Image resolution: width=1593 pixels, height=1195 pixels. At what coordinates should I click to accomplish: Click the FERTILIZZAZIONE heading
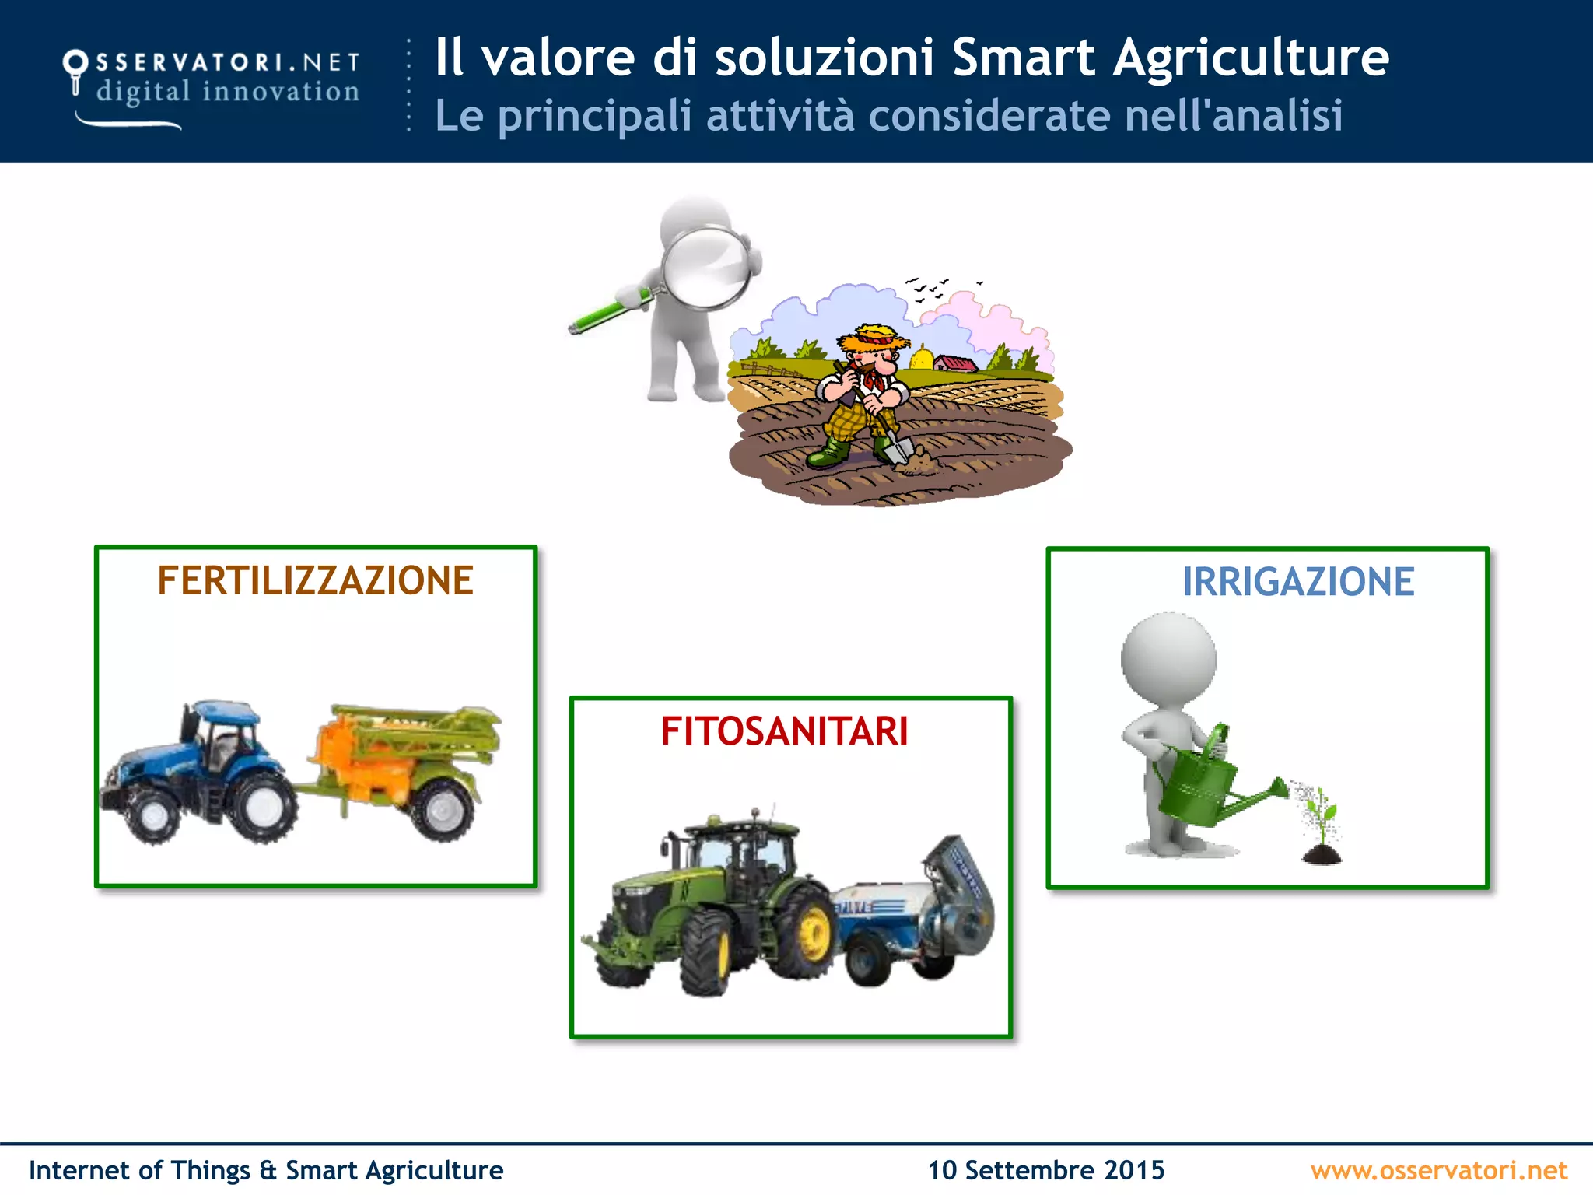[315, 581]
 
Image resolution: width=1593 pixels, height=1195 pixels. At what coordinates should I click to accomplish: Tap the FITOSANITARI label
[784, 731]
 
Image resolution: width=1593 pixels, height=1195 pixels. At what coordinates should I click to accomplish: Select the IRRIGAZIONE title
[1297, 582]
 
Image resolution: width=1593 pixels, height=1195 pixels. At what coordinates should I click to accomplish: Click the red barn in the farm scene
[954, 363]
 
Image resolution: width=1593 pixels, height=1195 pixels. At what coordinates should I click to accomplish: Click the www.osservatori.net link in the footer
[1438, 1170]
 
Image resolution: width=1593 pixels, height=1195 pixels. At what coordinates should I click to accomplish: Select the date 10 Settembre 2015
[1045, 1170]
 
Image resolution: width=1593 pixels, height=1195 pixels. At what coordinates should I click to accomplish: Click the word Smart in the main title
[1024, 58]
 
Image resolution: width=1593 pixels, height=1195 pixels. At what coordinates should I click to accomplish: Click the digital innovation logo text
[227, 92]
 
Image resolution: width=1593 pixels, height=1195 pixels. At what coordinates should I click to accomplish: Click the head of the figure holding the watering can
[1168, 658]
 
